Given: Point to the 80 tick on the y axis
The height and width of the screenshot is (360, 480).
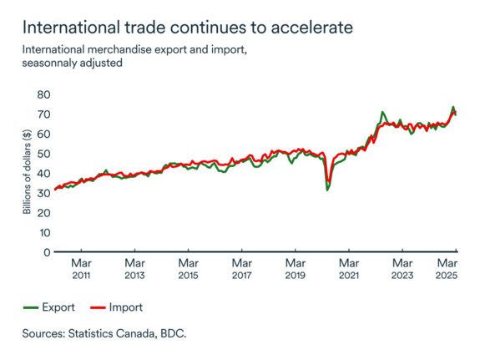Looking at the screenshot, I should [43, 94].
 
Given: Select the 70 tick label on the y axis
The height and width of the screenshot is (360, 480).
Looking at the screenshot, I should [43, 114].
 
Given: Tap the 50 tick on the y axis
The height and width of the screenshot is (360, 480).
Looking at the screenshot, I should [43, 154].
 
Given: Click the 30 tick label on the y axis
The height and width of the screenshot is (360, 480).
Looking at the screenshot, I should [43, 193].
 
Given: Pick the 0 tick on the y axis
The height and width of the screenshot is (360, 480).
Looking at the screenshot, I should [46, 251].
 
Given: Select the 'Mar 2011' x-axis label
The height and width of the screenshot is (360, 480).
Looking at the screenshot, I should [81, 268].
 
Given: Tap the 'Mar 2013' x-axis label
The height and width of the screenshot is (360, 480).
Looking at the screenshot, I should [134, 268].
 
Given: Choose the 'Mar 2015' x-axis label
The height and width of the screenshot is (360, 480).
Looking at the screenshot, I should [188, 268].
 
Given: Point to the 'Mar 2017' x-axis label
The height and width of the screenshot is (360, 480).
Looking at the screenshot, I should [241, 268].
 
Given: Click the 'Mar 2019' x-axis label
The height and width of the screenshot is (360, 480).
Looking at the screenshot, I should [295, 268].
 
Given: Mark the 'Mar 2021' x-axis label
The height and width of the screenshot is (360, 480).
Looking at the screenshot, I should [349, 268].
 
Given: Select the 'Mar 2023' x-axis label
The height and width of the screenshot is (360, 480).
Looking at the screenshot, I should [402, 268].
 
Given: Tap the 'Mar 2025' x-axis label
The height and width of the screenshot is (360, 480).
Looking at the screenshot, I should [448, 268].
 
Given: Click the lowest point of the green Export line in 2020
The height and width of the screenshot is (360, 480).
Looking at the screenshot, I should [327, 190].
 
